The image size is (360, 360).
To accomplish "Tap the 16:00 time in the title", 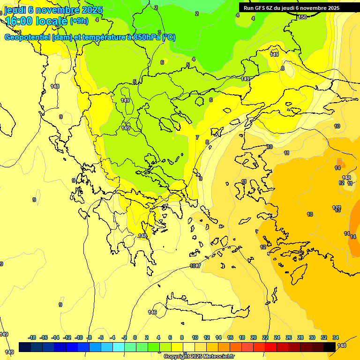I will click(21, 21).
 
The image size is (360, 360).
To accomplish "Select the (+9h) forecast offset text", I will click(78, 21).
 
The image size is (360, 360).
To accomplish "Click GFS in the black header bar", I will click(260, 8).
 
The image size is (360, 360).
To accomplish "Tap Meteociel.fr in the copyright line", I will click(219, 357).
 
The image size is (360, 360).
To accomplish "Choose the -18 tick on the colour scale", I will click(32, 337).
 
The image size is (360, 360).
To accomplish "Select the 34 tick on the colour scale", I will click(336, 337).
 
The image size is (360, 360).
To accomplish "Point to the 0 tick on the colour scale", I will click(135, 337).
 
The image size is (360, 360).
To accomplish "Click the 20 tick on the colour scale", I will click(254, 337).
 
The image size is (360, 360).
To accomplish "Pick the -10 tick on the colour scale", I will click(79, 337).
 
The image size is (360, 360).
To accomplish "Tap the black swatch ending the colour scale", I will click(330, 347).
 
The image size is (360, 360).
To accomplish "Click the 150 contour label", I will click(302, 17).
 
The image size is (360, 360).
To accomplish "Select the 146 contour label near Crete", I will click(152, 312).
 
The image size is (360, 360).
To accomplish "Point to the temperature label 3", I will click(159, 32).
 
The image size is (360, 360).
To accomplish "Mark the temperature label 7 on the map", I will click(197, 137).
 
